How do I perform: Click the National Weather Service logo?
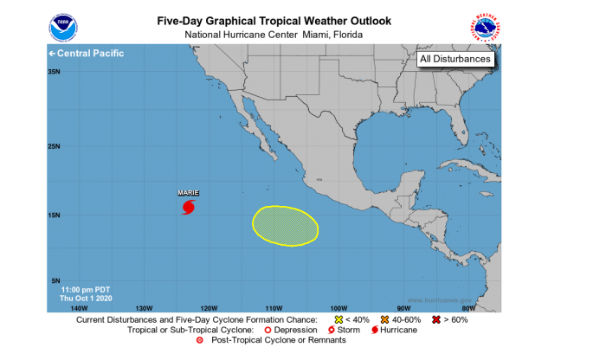point(486,27)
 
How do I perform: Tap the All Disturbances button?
point(455,59)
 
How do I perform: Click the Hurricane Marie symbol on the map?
point(188,207)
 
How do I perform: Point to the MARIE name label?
point(188,193)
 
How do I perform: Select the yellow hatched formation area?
point(285,225)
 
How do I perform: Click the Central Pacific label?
point(87,54)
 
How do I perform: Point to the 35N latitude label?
point(54,73)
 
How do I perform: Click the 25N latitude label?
point(54,146)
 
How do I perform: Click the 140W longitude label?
point(79,308)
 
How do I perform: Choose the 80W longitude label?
point(468,308)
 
